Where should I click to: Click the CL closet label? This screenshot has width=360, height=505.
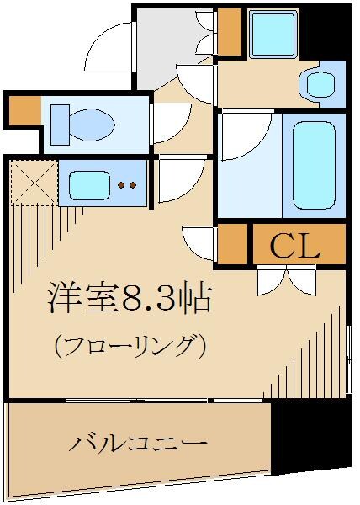click(295, 246)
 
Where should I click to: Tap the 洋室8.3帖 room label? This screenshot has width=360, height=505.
click(128, 299)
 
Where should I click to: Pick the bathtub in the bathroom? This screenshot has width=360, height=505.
click(314, 163)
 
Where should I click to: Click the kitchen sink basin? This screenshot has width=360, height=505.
click(87, 184)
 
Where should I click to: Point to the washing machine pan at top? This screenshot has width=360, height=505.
click(273, 34)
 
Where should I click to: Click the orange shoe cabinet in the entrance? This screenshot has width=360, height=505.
click(228, 30)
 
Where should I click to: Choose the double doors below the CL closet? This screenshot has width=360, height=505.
click(286, 278)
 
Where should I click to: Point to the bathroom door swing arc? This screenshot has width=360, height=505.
click(244, 135)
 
